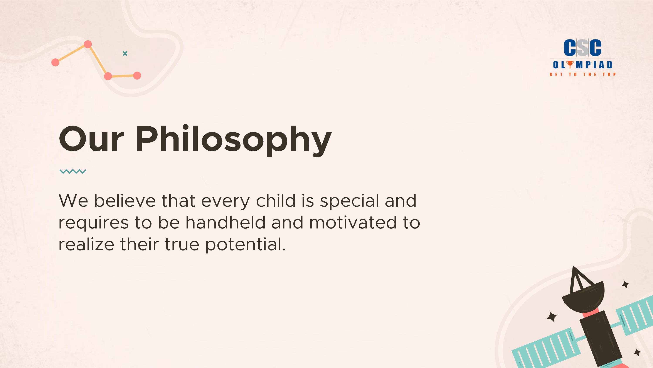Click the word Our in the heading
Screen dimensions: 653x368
coord(91,139)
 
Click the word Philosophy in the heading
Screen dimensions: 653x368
coord(234,140)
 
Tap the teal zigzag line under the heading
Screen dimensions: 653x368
coord(73,171)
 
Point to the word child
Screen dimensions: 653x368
coord(276,200)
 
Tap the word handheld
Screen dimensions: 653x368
coord(226,222)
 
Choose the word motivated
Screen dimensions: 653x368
coord(353,222)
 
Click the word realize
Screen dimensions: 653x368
coord(86,244)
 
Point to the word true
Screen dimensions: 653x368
coord(182,245)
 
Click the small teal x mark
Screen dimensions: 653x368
coord(125,53)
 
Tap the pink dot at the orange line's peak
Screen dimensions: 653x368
coord(88,44)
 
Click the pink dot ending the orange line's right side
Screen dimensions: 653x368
coord(137,75)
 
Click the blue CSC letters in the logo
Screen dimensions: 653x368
coord(582,48)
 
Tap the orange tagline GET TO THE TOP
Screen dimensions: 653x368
coord(582,74)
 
